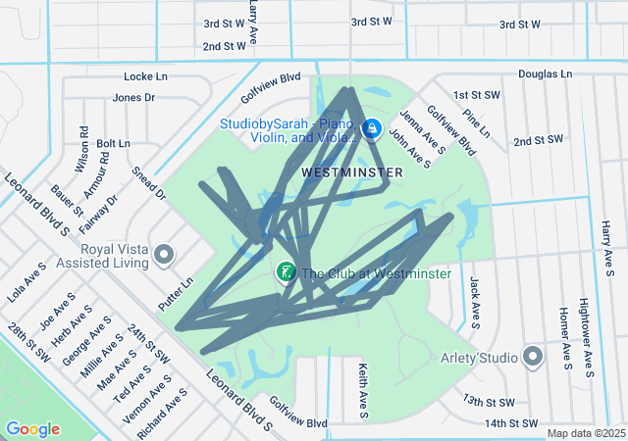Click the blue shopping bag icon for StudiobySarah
[372, 128]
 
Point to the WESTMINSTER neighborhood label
[351, 172]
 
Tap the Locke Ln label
[146, 76]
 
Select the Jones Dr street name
[134, 97]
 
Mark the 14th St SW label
[511, 423]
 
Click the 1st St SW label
[477, 95]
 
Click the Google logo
[33, 429]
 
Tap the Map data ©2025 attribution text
[586, 433]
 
